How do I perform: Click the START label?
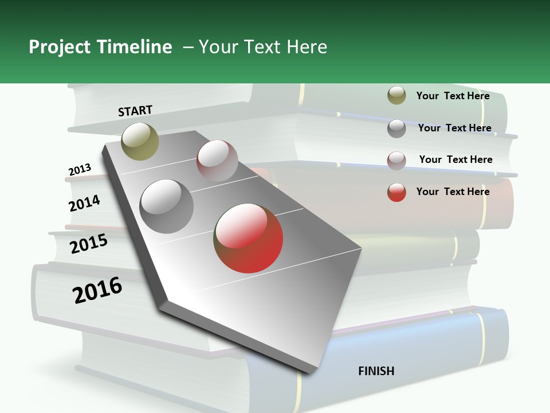(x=135, y=111)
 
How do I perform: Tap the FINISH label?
(x=376, y=371)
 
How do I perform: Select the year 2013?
(x=80, y=170)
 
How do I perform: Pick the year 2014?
(x=84, y=203)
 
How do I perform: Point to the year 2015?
(x=89, y=244)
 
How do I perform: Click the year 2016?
(x=97, y=290)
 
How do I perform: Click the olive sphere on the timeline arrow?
(x=140, y=141)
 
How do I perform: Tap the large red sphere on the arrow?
(x=248, y=238)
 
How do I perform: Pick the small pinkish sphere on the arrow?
(x=217, y=161)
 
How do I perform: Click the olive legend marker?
(x=396, y=96)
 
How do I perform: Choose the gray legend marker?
(x=396, y=128)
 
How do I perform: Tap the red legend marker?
(x=396, y=192)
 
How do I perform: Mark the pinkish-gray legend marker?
(x=396, y=161)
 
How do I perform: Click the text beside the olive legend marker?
(x=453, y=96)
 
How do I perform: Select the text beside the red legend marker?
(x=453, y=192)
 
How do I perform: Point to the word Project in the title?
(x=60, y=47)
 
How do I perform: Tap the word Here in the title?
(x=307, y=47)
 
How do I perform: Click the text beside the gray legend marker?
(x=454, y=128)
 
